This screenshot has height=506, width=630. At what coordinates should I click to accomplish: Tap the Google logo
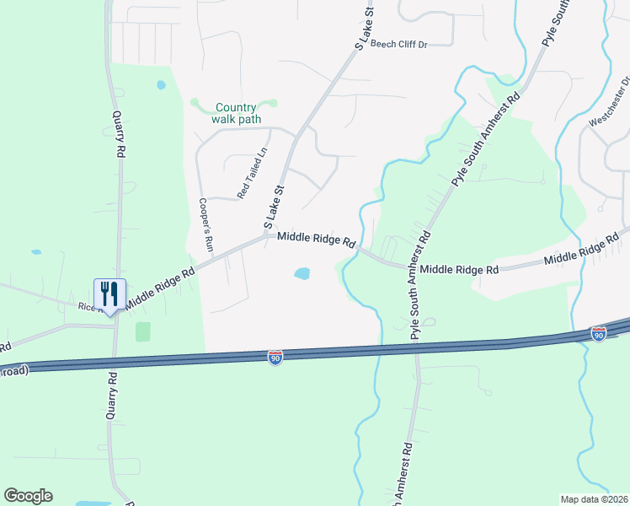tap(28, 496)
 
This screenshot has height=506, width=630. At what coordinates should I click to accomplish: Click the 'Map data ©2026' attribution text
tap(594, 499)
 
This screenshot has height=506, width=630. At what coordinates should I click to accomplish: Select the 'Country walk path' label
tap(236, 113)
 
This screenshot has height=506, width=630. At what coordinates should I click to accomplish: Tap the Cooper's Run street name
tap(205, 226)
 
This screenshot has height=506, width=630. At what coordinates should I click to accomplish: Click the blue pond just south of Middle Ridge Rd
tap(301, 273)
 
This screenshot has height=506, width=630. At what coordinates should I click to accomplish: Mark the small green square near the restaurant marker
tap(143, 331)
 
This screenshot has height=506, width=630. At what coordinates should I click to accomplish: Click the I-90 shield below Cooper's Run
tap(275, 358)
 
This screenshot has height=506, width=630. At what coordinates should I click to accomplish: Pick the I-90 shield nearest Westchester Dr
tap(598, 335)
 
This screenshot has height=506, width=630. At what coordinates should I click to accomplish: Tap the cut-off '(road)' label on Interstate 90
tap(14, 370)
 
